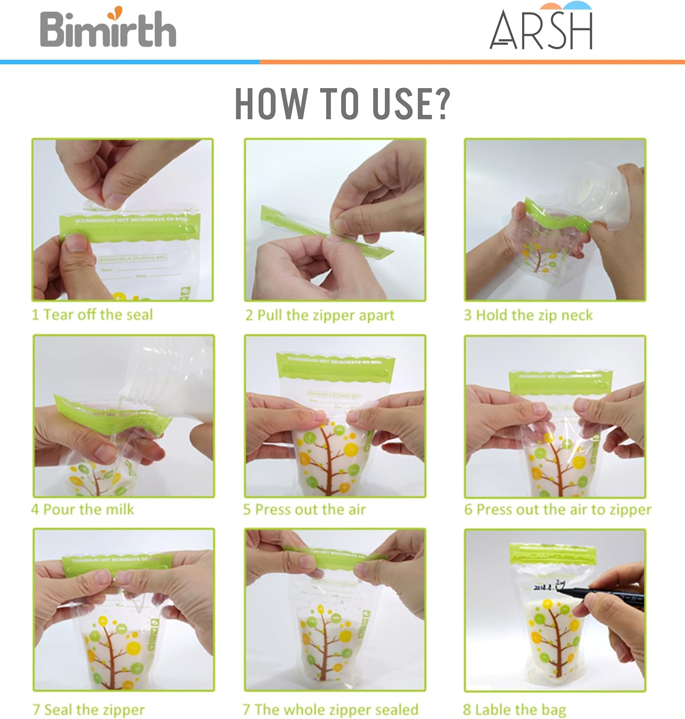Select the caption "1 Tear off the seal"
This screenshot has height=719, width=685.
click(92, 315)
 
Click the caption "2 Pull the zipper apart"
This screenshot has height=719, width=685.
click(320, 315)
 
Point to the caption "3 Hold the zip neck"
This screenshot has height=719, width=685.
click(528, 315)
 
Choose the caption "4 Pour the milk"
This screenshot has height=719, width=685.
click(83, 509)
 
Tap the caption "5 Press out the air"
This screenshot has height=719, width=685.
click(304, 509)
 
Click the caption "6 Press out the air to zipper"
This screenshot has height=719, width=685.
click(557, 510)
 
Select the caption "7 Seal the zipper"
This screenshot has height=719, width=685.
click(88, 709)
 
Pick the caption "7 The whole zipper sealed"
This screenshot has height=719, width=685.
click(331, 709)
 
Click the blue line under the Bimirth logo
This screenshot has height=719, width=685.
click(130, 62)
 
